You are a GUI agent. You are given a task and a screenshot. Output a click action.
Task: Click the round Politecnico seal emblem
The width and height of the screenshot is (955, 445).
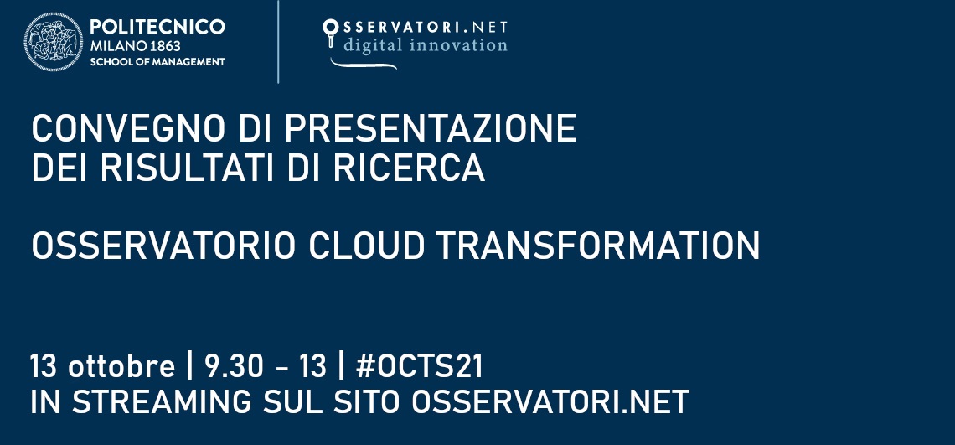[x=54, y=42]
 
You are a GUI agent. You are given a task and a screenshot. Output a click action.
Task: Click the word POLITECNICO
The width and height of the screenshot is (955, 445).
[x=157, y=28]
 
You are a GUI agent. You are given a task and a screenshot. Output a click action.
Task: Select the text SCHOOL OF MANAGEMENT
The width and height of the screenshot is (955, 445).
[x=157, y=62]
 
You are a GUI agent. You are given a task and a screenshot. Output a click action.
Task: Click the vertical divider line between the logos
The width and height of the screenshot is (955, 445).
[x=278, y=42]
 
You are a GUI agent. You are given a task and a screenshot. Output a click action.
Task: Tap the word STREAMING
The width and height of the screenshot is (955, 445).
[x=161, y=401]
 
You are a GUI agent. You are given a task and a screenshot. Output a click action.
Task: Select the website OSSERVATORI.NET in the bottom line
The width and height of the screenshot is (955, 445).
[x=550, y=401]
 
